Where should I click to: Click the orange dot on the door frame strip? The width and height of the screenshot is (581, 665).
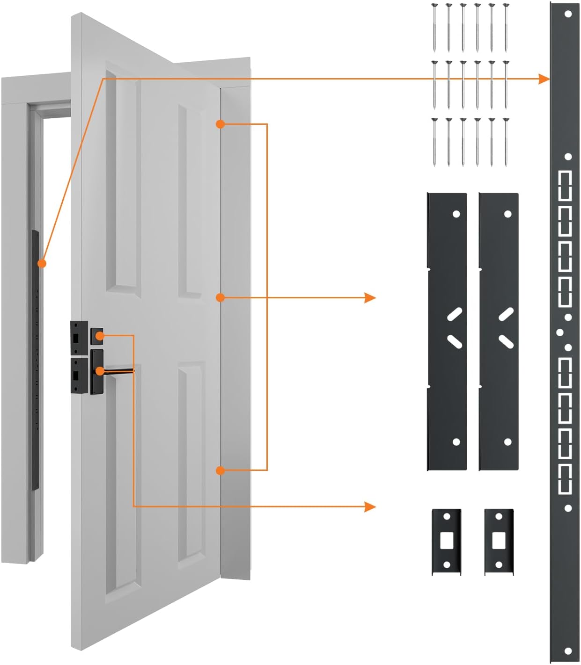[42, 263]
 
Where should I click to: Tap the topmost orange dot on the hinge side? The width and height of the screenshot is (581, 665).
[221, 124]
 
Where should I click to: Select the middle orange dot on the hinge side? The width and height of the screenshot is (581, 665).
[221, 297]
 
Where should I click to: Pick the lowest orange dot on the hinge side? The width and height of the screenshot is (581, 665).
[221, 470]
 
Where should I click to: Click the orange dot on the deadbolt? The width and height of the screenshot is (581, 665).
[100, 335]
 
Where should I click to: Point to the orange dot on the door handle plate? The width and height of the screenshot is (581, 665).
[100, 371]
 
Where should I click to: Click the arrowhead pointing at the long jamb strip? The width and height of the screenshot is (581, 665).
[544, 79]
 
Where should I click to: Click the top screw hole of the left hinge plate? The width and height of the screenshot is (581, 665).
[456, 214]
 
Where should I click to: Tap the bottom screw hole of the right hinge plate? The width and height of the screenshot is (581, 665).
[507, 442]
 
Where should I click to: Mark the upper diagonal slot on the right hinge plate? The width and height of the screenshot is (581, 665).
[506, 314]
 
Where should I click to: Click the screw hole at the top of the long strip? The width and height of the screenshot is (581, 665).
[568, 14]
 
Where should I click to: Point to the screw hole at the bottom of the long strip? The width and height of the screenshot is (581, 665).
[568, 651]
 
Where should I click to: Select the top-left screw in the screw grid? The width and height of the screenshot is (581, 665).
[434, 27]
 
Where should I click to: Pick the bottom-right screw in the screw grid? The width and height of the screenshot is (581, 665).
[506, 142]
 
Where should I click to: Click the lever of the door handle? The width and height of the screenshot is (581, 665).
[119, 371]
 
